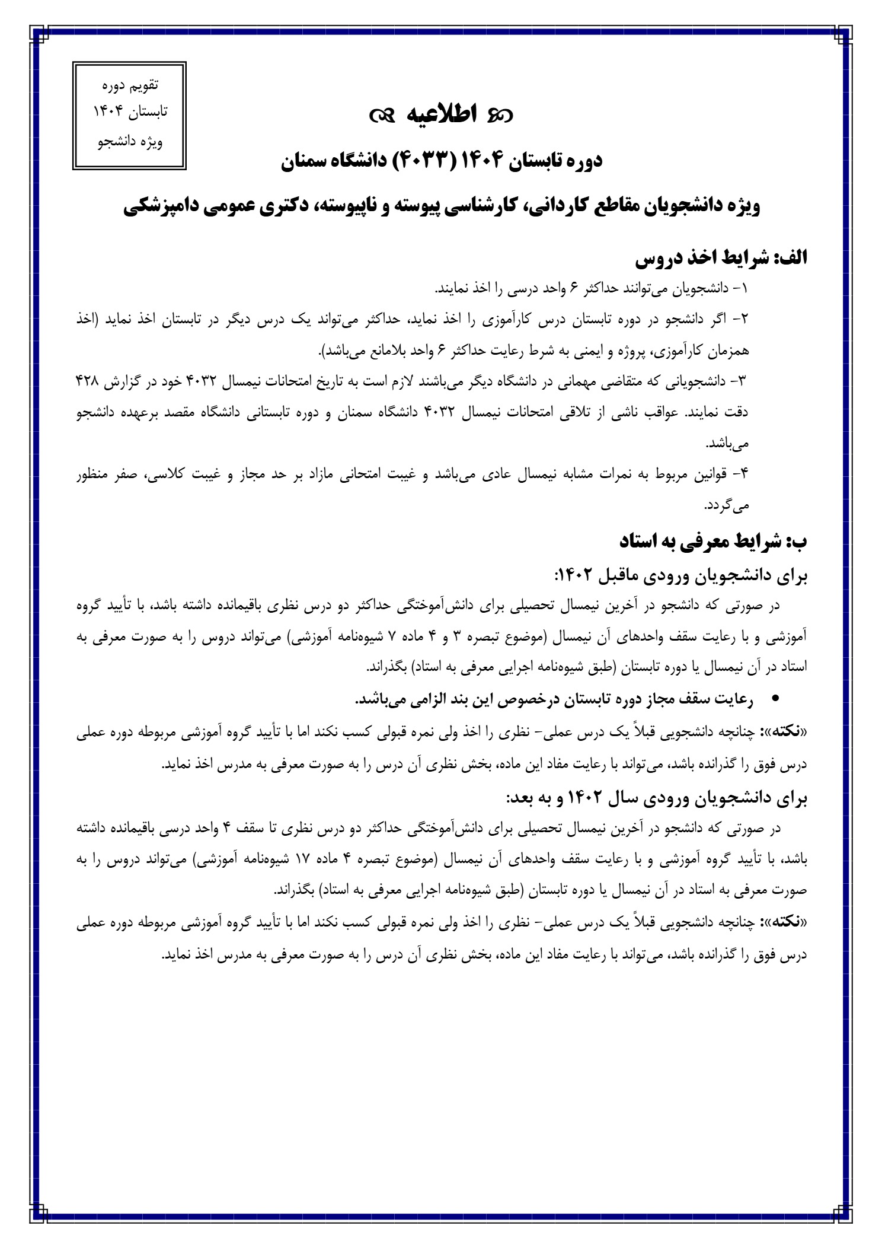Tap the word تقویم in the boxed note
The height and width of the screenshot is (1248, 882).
(143, 85)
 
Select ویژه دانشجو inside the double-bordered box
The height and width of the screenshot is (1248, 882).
(130, 142)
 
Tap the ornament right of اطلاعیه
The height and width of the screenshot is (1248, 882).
(498, 116)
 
